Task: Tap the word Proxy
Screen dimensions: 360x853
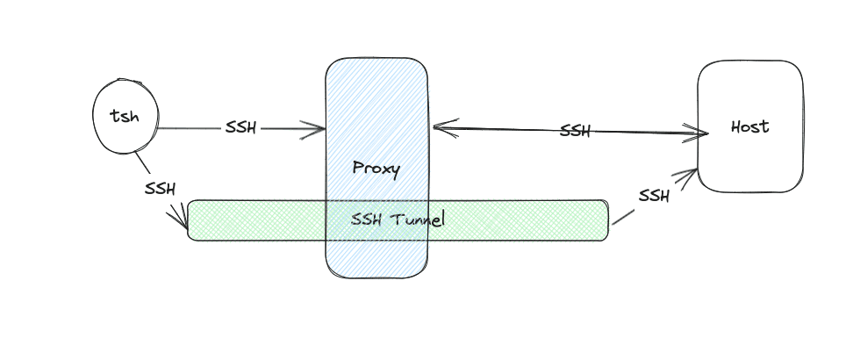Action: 376,168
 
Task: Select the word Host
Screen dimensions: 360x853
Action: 749,126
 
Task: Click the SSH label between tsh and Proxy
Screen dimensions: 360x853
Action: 240,128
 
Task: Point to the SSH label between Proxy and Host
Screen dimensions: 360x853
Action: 575,132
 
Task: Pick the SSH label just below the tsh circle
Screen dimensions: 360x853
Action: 160,188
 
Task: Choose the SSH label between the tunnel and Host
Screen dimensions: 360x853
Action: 654,196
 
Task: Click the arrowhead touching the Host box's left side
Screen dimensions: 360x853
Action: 703,134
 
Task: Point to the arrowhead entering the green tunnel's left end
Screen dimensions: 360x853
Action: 185,225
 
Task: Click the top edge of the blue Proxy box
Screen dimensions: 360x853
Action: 376,60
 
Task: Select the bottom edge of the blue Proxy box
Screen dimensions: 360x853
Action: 376,277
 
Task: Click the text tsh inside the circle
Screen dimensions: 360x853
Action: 125,116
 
